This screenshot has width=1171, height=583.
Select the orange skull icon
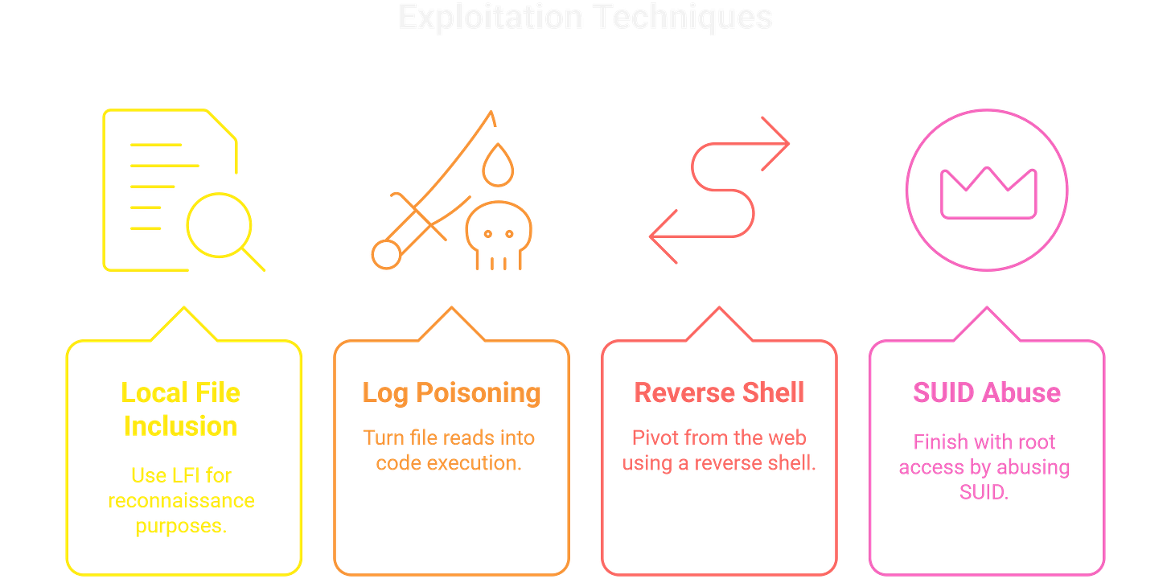(x=498, y=236)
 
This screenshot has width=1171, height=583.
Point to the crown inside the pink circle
(x=988, y=193)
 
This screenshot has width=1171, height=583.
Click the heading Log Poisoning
(x=451, y=392)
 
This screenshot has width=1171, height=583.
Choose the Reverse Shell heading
(x=719, y=392)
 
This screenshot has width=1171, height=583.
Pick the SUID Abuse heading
(x=986, y=392)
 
